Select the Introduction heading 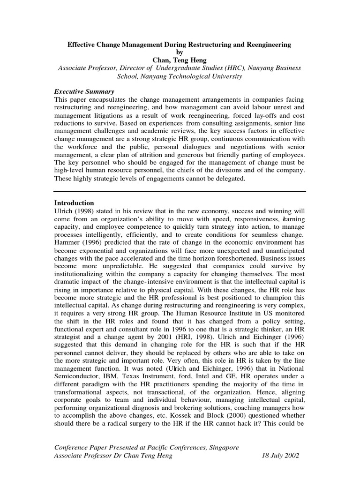(x=75, y=203)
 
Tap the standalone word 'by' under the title (x=180, y=52)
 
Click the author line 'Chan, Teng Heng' (x=180, y=60)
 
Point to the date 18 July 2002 (x=279, y=456)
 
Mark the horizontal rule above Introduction (x=180, y=191)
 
